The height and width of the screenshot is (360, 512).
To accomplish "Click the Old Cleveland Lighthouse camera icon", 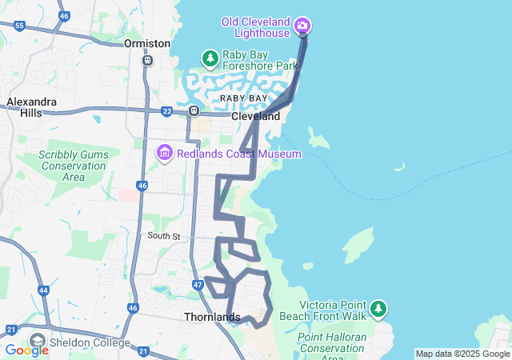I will coord(302,26).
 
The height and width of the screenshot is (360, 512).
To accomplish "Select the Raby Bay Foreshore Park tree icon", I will coord(210,58).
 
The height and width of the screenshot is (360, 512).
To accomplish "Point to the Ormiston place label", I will coord(147,43).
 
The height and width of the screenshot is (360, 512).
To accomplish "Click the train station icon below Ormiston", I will coord(147,60).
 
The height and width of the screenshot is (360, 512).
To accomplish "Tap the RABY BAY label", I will coord(244,98).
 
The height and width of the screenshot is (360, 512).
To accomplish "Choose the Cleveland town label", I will coord(255,116).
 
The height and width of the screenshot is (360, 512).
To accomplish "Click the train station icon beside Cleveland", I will coord(194,110).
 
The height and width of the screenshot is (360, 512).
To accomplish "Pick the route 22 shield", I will coord(166,111).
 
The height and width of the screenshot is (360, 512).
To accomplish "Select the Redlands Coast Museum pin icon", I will coord(165,152).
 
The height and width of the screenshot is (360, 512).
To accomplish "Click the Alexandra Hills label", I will coord(31,107).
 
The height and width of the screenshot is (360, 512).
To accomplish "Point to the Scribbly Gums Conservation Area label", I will coord(73,166).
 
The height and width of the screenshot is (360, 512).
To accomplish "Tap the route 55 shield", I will coord(19,26).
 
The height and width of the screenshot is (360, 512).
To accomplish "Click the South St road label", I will coord(164,236).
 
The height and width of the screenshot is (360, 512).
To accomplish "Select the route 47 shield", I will coord(198,285).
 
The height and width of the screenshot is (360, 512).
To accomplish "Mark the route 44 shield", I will coord(43,290).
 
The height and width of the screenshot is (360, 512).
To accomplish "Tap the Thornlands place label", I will coord(212,317).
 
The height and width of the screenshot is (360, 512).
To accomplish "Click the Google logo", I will coord(26,350).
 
